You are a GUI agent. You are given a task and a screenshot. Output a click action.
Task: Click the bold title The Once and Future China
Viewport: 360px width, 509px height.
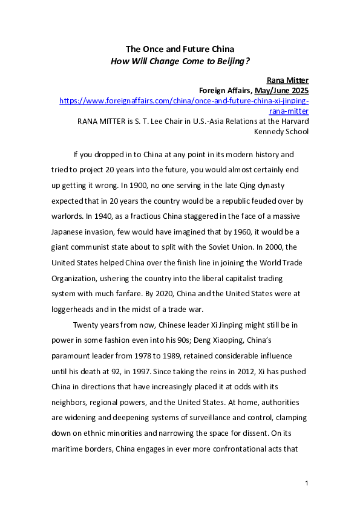180,48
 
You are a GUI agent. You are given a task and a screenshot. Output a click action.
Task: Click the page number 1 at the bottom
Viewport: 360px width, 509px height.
307,483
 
